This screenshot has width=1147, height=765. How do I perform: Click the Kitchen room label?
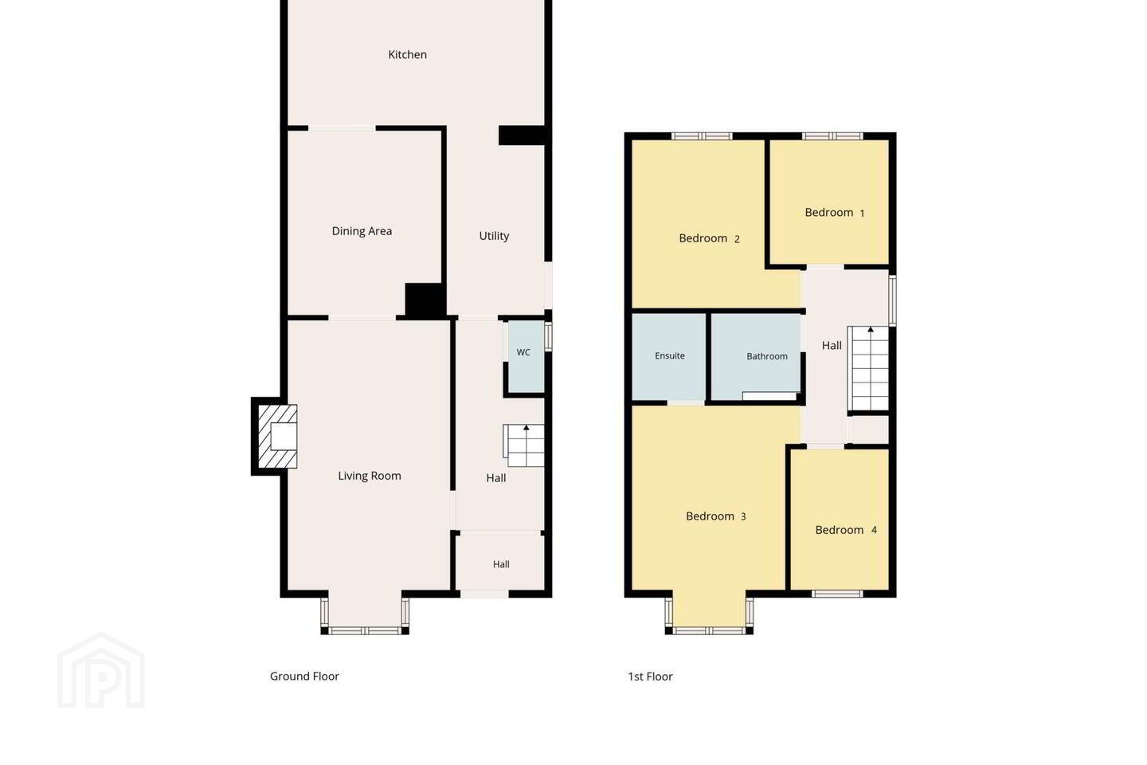coord(407,54)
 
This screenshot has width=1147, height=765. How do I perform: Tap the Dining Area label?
coord(362,231)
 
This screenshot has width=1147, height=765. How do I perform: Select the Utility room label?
coord(494,236)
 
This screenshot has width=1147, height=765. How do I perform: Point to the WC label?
coord(523,352)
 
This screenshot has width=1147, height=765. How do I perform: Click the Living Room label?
coord(370,476)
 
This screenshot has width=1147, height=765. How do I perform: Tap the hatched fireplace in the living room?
coord(277,437)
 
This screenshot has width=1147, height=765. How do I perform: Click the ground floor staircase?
coord(523,445)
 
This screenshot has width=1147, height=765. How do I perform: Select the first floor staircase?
coord(868,368)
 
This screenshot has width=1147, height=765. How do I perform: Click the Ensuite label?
coord(670,355)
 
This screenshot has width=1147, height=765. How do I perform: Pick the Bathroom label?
coord(766,356)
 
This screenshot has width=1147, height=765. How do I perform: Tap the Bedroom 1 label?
coord(835,213)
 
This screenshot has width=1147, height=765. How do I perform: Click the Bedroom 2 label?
coord(709,238)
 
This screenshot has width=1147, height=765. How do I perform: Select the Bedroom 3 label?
coord(716,516)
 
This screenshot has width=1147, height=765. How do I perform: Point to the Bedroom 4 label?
coord(846,530)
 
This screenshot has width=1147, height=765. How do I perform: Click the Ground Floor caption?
coord(304,677)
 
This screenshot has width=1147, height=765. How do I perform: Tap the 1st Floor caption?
coord(650,677)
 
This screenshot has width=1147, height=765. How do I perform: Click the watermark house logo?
coord(101,670)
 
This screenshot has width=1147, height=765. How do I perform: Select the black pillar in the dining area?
coord(425,300)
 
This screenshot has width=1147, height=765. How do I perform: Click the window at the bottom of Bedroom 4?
coord(837,594)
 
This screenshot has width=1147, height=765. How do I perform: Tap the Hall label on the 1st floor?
coord(832,346)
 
